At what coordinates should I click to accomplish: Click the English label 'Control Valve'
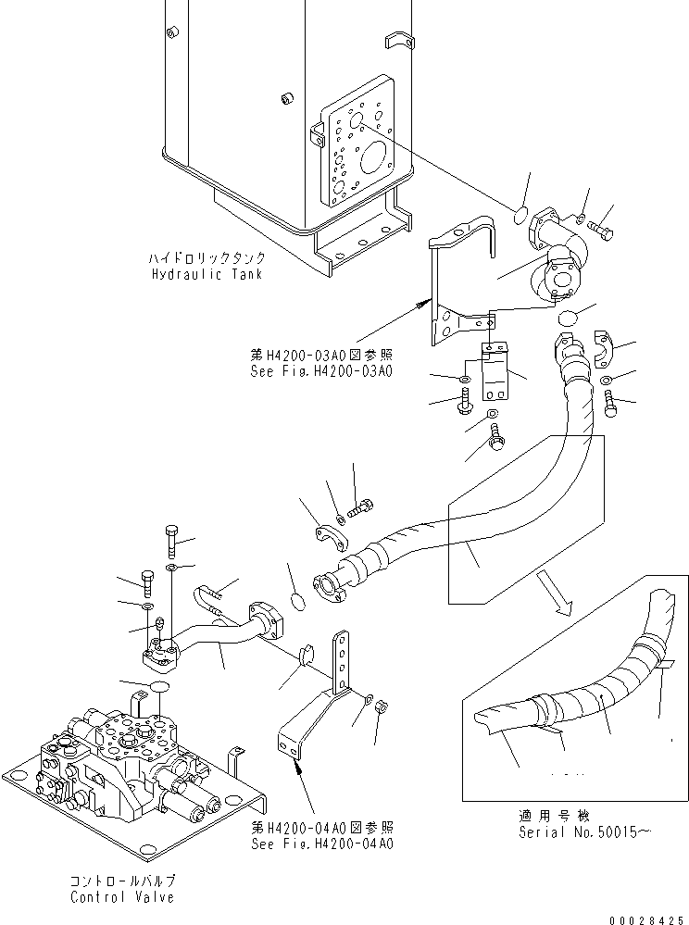point(121,898)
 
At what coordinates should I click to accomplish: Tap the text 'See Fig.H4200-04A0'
point(322,844)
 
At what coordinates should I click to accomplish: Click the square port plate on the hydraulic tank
point(356,156)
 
